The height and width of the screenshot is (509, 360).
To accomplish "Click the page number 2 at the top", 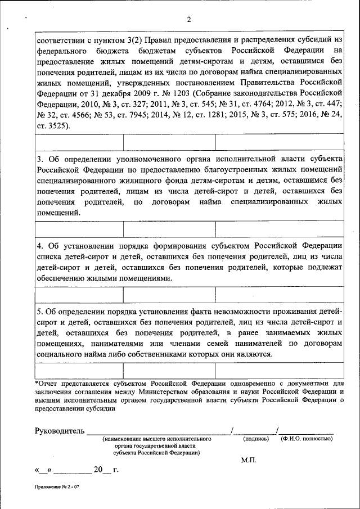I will (189, 20).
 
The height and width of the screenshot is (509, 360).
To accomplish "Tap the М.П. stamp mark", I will (249, 460).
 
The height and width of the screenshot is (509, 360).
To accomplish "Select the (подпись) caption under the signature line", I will (255, 439).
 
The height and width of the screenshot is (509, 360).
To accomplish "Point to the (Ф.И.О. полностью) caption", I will (307, 439).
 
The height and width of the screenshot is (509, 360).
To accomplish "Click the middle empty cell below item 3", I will (169, 229).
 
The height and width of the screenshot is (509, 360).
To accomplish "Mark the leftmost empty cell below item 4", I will (79, 295).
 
